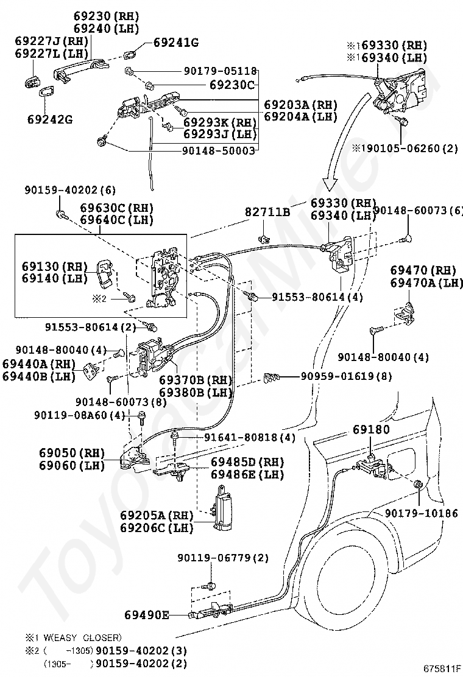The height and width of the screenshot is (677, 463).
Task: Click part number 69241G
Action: tap(176, 43)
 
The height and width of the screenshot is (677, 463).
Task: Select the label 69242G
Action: tap(50, 119)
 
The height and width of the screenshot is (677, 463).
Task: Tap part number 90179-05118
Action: tap(221, 71)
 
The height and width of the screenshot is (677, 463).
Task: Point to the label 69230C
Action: tap(232, 85)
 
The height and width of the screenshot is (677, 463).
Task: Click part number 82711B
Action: tap(268, 212)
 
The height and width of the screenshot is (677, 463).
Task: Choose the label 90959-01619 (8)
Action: tap(347, 376)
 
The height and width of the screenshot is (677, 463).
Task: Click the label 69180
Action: tap(371, 429)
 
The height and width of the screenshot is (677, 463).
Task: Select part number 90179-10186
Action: tap(421, 513)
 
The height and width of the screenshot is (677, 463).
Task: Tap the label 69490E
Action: tap(147, 615)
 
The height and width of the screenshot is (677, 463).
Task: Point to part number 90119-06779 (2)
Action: tap(223, 558)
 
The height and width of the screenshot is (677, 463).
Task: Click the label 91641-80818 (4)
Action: tap(250, 437)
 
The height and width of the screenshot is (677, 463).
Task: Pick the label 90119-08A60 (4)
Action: tap(80, 415)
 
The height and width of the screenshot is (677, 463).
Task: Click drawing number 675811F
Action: tap(442, 669)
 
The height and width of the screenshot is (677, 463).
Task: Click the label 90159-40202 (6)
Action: tap(70, 190)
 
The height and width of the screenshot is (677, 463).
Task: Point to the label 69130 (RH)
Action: tap(55, 266)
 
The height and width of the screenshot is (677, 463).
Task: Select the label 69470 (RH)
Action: tap(423, 270)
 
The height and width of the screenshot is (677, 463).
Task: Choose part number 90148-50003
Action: tap(219, 150)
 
